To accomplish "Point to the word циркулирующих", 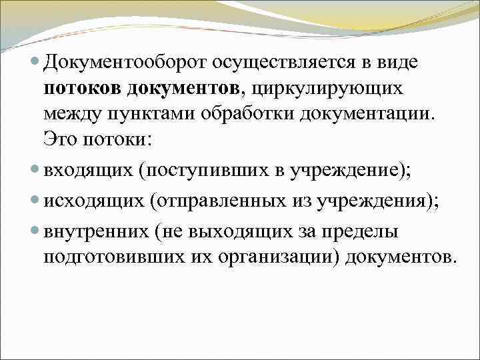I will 326,89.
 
